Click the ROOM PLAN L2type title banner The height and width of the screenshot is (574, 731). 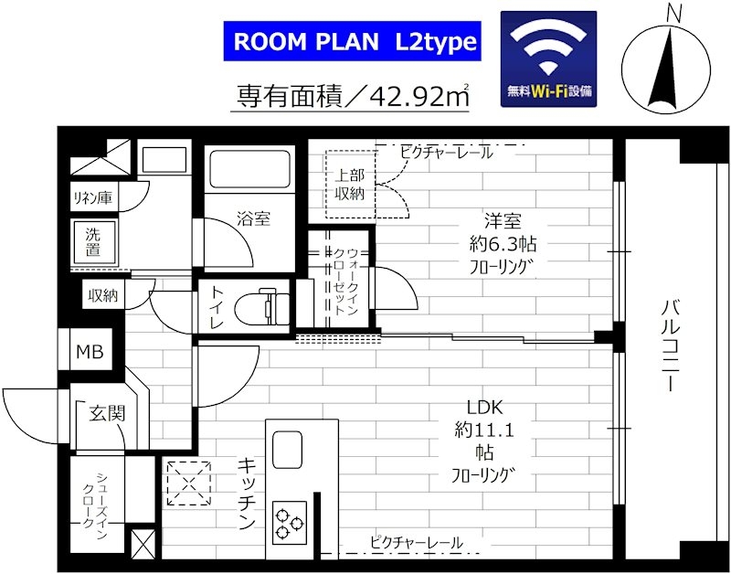pyautogui.click(x=352, y=42)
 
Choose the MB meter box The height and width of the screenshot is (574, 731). pyautogui.click(x=89, y=352)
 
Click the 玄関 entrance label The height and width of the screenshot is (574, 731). pyautogui.click(x=106, y=413)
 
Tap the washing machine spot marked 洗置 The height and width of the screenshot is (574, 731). pyautogui.click(x=93, y=240)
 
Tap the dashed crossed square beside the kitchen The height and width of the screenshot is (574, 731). pyautogui.click(x=188, y=483)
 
